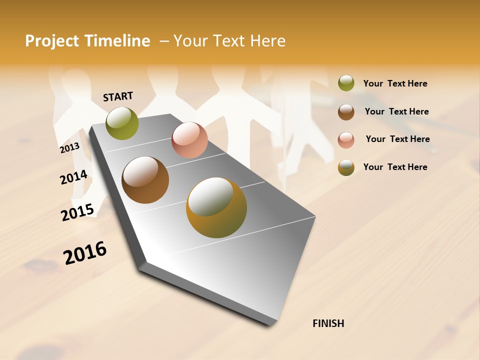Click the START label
(x=118, y=96)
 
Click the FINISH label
(x=328, y=323)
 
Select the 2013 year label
(x=69, y=147)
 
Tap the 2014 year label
(x=74, y=177)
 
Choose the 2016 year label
(x=85, y=252)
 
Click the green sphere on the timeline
(x=122, y=123)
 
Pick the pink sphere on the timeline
(x=189, y=140)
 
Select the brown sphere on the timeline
(x=145, y=180)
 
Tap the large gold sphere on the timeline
(x=216, y=207)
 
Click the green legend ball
(x=346, y=83)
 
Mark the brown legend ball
(x=346, y=111)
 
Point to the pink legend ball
(x=346, y=139)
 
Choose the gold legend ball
(x=346, y=167)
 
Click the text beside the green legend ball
(x=395, y=84)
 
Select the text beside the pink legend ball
(x=397, y=139)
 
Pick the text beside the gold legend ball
(x=395, y=167)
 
